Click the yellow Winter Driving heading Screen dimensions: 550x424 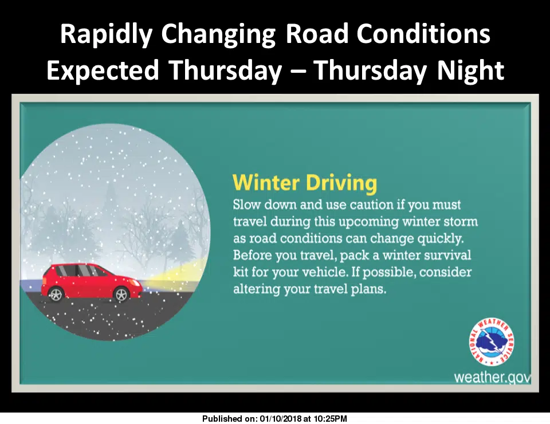(305, 183)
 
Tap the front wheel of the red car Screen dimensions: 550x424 (121, 295)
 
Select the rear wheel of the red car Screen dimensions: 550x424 (56, 294)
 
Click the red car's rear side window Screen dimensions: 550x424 (62, 270)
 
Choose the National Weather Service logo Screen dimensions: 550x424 (492, 342)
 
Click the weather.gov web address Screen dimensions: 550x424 (492, 378)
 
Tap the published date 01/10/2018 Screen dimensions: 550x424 (281, 418)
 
